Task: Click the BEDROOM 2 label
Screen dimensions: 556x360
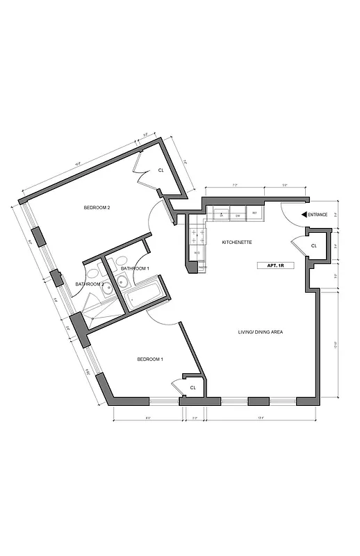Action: click(97, 207)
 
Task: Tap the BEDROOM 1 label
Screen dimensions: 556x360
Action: click(149, 359)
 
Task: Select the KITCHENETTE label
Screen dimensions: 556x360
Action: click(236, 242)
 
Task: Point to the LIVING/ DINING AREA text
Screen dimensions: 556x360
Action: click(260, 332)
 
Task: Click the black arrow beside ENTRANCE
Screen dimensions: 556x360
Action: click(303, 215)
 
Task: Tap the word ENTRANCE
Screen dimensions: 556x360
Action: click(318, 215)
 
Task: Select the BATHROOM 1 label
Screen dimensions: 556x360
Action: click(135, 268)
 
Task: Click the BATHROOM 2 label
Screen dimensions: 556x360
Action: click(90, 284)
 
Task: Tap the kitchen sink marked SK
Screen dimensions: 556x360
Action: click(222, 215)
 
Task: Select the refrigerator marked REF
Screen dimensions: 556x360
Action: click(254, 213)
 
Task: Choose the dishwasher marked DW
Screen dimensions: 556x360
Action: click(238, 215)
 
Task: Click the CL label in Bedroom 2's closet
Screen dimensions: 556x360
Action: click(161, 170)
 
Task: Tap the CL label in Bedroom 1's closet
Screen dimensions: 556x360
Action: click(193, 387)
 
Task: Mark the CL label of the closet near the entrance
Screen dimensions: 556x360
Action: click(313, 245)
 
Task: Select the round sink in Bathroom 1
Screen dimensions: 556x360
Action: click(122, 281)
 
